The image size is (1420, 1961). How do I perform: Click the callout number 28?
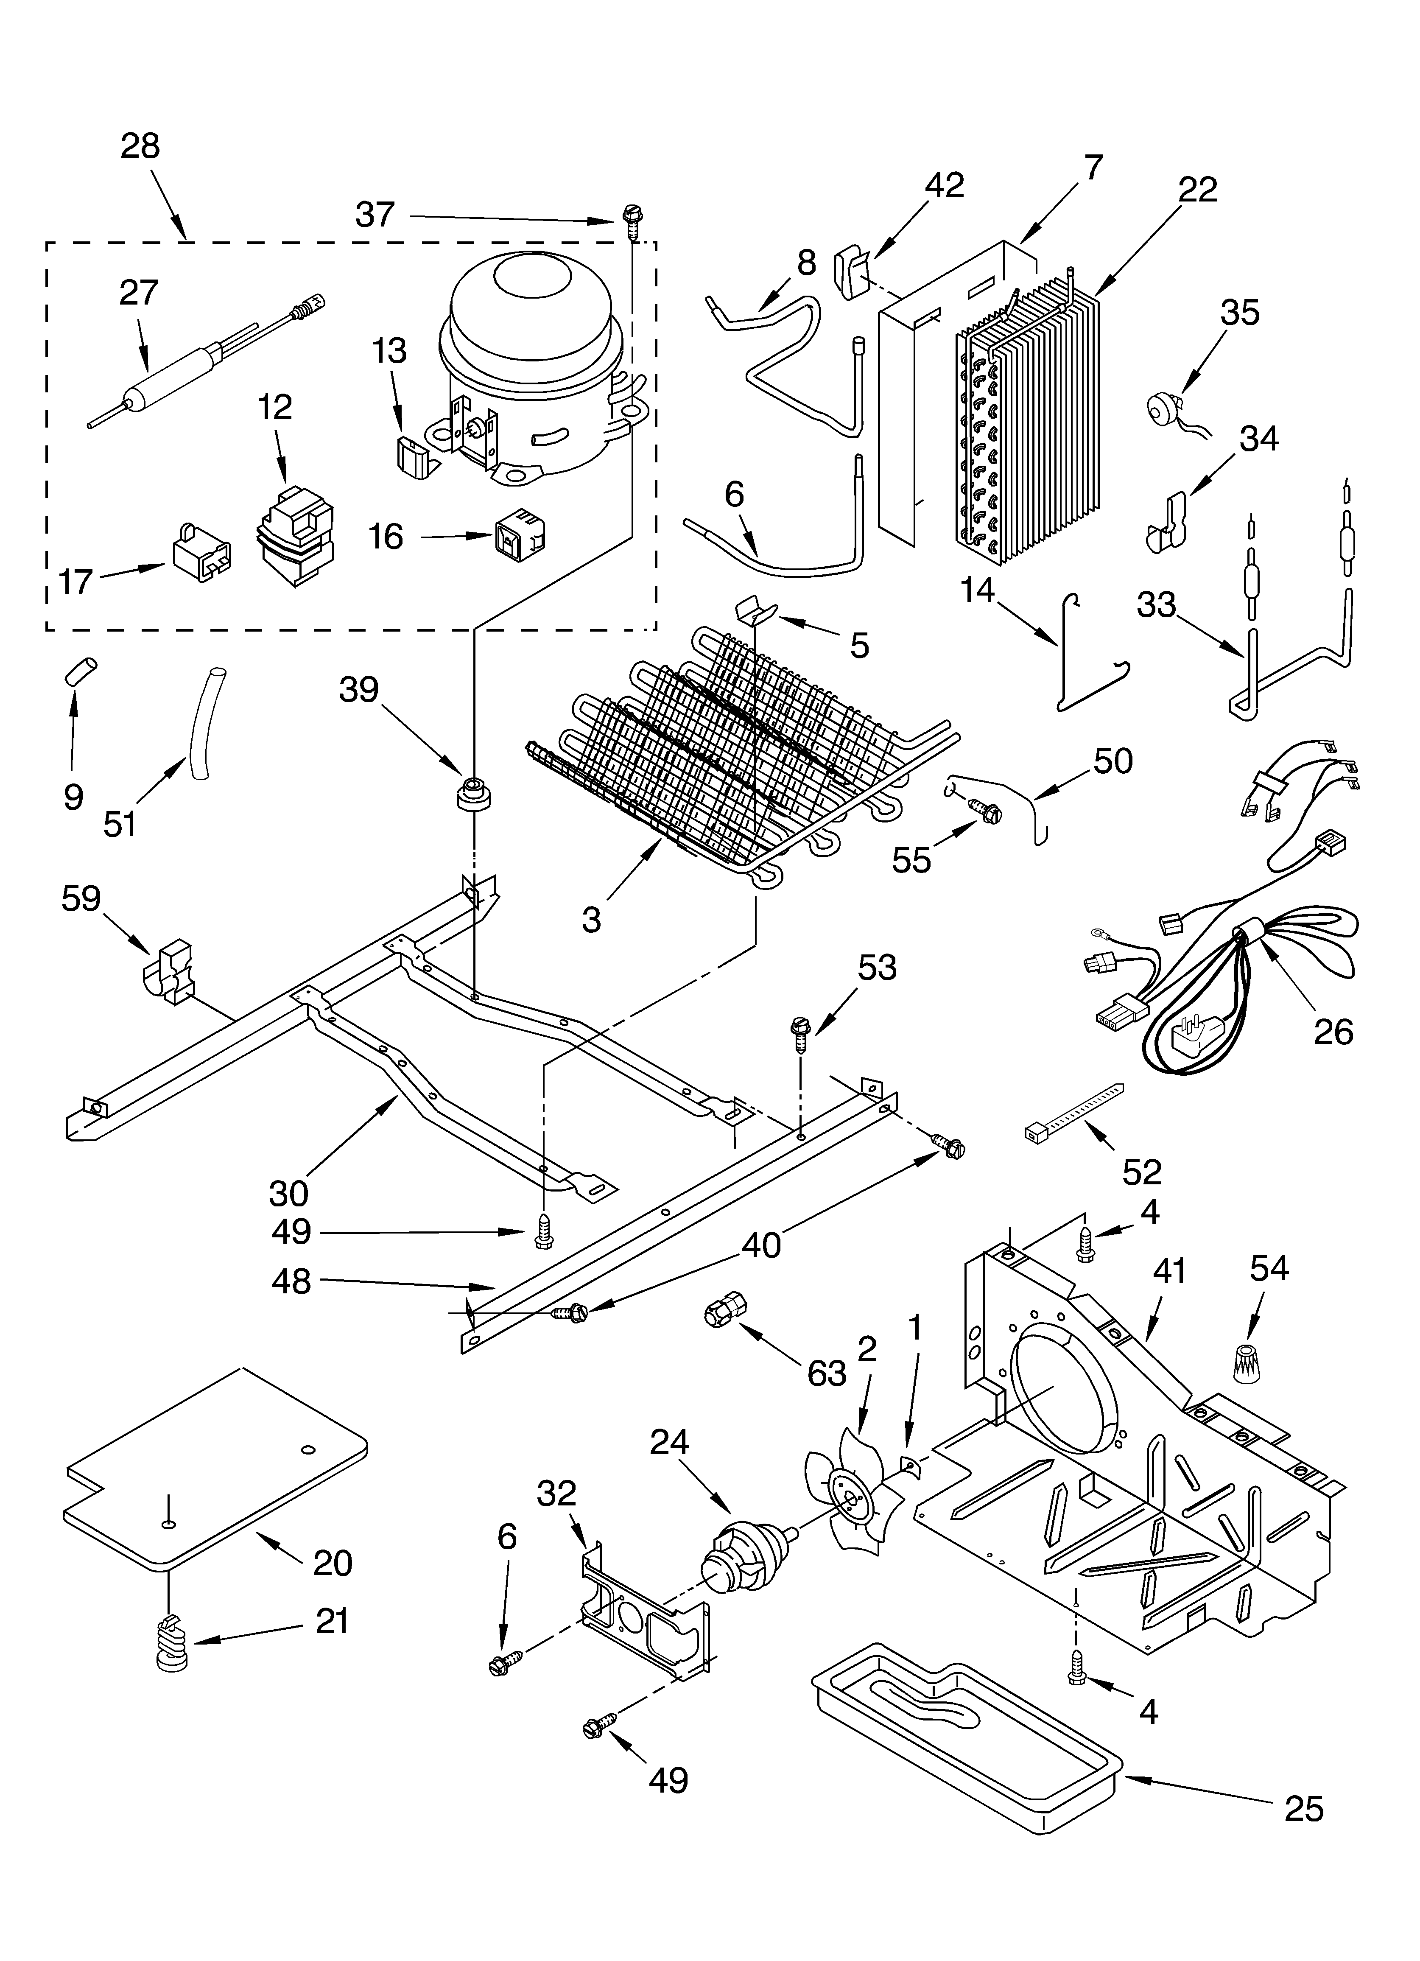coord(140,146)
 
